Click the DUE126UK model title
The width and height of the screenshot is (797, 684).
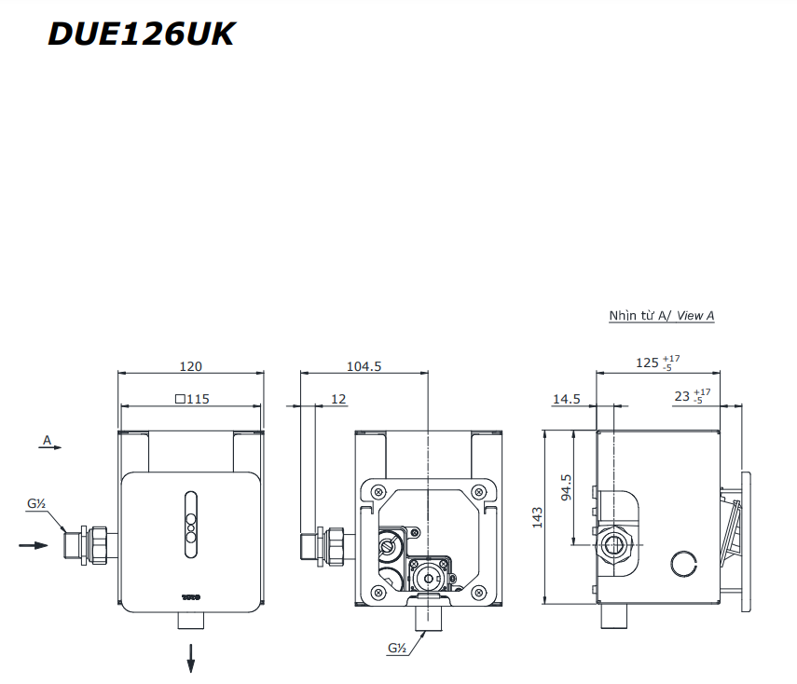click(x=141, y=34)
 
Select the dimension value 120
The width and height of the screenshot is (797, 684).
click(x=190, y=366)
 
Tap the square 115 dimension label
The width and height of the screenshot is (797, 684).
click(x=192, y=399)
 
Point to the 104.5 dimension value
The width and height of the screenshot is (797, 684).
click(x=364, y=366)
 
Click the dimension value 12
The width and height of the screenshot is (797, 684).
click(x=338, y=399)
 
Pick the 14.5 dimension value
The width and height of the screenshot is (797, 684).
click(x=566, y=399)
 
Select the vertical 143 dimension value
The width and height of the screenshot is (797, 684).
click(x=537, y=517)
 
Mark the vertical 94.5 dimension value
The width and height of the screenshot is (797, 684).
click(x=567, y=487)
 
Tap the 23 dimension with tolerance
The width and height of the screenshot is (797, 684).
click(x=691, y=396)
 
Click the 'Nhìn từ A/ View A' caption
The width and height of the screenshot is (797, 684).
click(x=661, y=316)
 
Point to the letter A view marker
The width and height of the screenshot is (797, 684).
click(x=47, y=438)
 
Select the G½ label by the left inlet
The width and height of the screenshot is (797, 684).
click(x=36, y=504)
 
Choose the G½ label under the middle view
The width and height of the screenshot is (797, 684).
click(x=396, y=647)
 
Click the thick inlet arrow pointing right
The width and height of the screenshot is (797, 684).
click(x=34, y=544)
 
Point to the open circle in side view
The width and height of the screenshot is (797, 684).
click(x=684, y=562)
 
